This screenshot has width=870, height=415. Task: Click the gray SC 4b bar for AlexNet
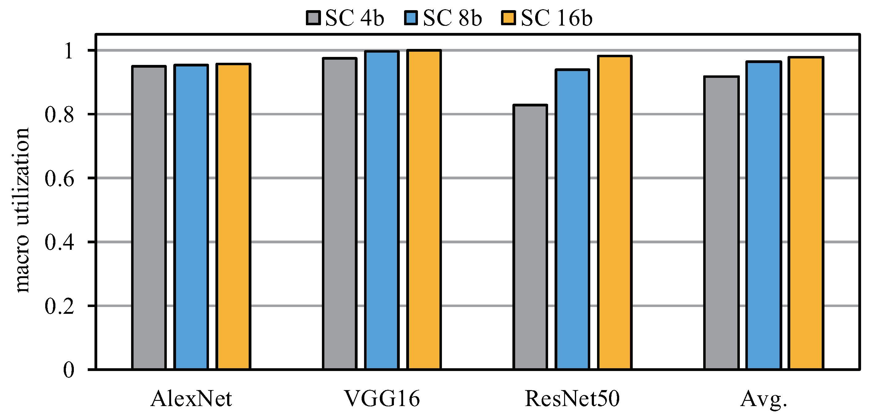tap(149, 218)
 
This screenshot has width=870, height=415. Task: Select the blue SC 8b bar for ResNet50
tap(572, 219)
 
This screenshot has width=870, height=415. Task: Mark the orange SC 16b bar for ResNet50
tap(615, 213)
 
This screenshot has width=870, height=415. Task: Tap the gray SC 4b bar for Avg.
tap(721, 223)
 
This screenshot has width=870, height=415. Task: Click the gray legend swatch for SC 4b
tap(313, 18)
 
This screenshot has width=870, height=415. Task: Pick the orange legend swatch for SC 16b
tap(508, 18)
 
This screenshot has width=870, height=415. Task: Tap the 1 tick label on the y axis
tap(69, 51)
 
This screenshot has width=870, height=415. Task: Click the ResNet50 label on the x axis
tap(572, 399)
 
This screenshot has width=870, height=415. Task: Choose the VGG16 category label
tap(382, 399)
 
